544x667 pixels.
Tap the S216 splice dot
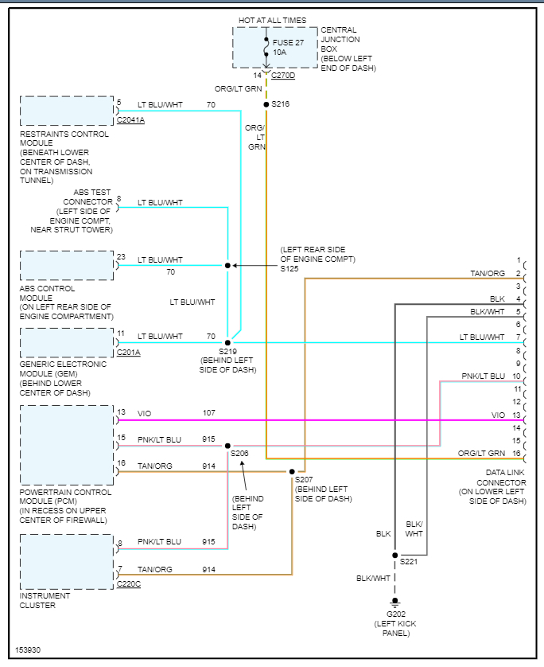(x=266, y=103)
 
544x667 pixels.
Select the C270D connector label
(x=283, y=76)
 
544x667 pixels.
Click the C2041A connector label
(x=130, y=120)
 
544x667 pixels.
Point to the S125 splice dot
(x=227, y=265)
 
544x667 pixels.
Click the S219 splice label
(x=228, y=350)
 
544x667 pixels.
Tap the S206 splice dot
(x=227, y=446)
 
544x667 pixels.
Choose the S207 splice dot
(x=292, y=471)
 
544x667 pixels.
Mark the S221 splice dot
(x=394, y=555)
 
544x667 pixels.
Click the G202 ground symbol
(x=394, y=602)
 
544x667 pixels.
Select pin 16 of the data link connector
(x=517, y=453)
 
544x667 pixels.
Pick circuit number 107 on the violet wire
(x=209, y=412)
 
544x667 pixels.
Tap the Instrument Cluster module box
(x=67, y=561)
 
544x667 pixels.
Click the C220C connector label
(x=128, y=584)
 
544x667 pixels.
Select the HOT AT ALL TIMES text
(x=272, y=20)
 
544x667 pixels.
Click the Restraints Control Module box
(x=67, y=111)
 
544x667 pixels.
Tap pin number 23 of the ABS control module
(x=121, y=256)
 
